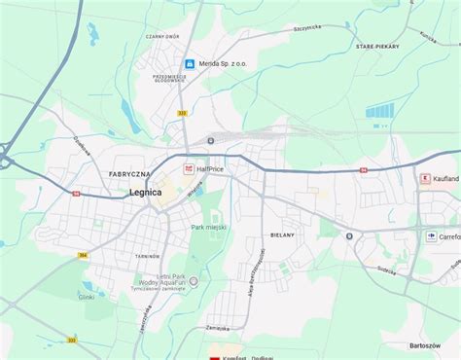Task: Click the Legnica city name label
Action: (145, 193)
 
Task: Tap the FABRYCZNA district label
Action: (128, 174)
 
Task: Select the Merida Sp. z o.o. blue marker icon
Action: (190, 63)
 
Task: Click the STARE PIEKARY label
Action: (378, 47)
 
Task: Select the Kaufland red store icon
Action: (423, 179)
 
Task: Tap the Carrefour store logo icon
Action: (431, 235)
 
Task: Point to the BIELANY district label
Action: (282, 235)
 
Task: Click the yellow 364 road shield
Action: (84, 255)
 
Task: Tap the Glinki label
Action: (87, 297)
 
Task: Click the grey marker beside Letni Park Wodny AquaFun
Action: (194, 282)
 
